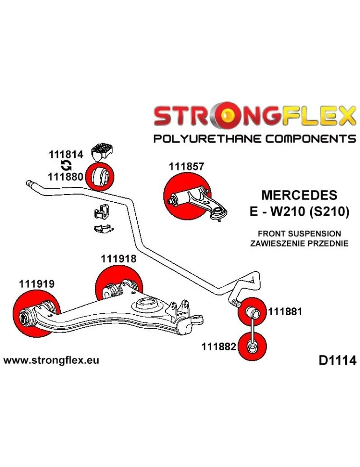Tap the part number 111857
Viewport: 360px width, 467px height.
pyautogui.click(x=187, y=166)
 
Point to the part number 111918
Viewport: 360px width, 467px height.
pyautogui.click(x=119, y=258)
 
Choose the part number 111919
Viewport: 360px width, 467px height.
pyautogui.click(x=37, y=283)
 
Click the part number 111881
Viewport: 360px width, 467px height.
pyautogui.click(x=284, y=311)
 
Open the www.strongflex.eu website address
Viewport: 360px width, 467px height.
pyautogui.click(x=51, y=361)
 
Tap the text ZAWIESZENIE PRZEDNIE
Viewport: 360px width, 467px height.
pyautogui.click(x=299, y=243)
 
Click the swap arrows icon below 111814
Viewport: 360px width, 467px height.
pyautogui.click(x=66, y=164)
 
